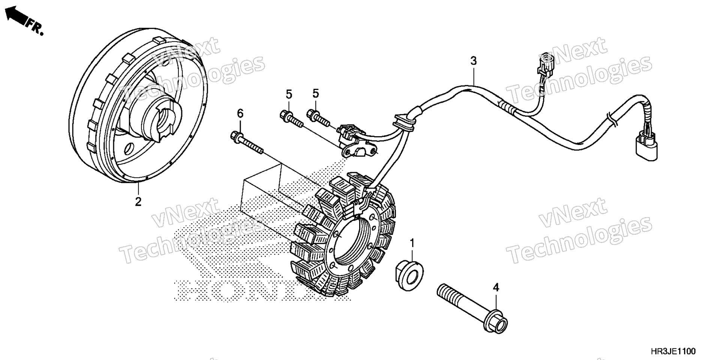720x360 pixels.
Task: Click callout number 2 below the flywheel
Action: [138, 202]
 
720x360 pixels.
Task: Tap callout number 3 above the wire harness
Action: [474, 61]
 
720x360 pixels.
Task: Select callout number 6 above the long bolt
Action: [240, 113]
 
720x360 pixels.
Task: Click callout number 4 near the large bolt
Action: [496, 288]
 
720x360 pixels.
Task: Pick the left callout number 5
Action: [289, 94]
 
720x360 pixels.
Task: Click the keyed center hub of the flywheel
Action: [165, 120]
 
